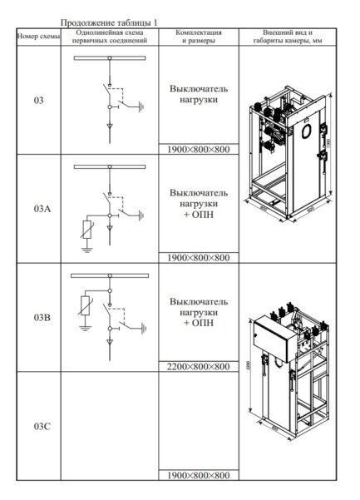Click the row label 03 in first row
pos(38,101)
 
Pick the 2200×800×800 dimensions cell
pos(198,366)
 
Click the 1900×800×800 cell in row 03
pos(198,150)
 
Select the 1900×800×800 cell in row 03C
pos(198,475)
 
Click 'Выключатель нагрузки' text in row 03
pos(198,93)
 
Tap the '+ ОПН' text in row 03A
pos(198,215)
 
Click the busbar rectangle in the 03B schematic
pos(109,275)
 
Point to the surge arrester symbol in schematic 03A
pos(85,228)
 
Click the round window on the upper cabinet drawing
pos(305,131)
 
